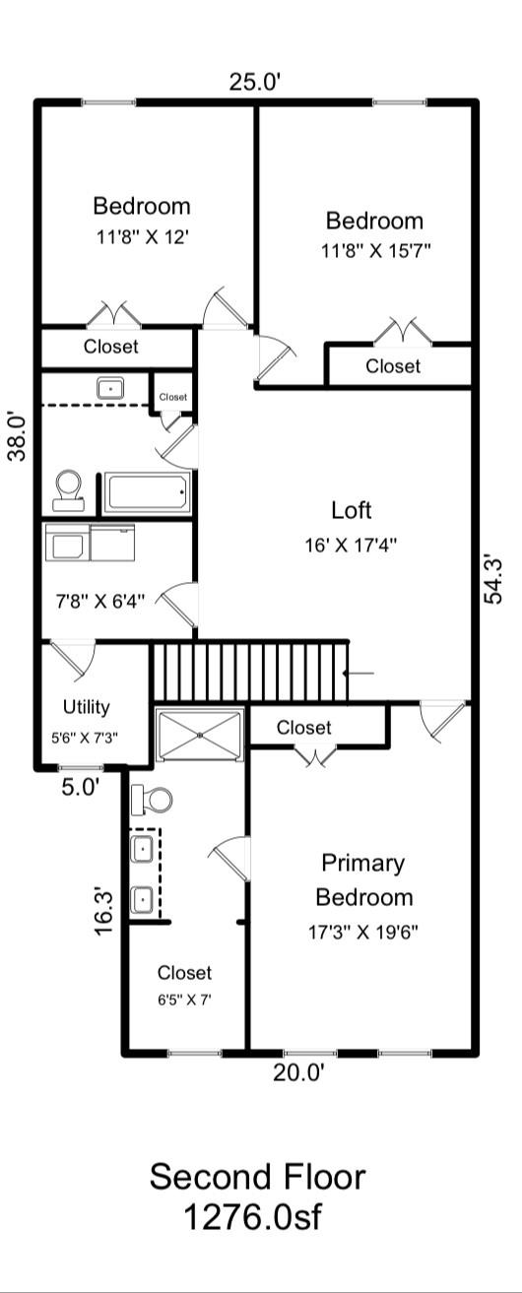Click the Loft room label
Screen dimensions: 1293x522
[352, 510]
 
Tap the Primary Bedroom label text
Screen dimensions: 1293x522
[363, 880]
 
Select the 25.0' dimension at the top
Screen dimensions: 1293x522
[256, 82]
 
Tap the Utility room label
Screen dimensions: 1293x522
[87, 706]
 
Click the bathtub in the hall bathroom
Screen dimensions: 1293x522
[148, 492]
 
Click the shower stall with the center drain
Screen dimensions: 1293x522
[201, 735]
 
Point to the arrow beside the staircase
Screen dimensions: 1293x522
[359, 674]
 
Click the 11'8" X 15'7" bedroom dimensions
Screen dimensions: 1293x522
[374, 250]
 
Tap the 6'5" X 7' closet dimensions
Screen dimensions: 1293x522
[185, 999]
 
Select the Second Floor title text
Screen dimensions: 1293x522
[257, 1177]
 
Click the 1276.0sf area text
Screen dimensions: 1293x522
[252, 1217]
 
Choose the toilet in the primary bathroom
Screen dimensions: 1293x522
[151, 799]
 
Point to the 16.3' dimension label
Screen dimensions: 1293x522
[104, 911]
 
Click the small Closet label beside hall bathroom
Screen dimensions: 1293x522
[172, 397]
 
